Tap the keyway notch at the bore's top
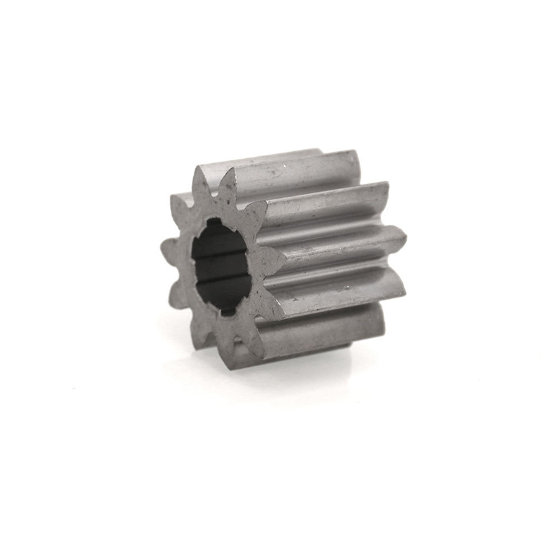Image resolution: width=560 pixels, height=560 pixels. click(218, 225)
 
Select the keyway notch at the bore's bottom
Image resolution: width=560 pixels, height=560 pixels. click(225, 309)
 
